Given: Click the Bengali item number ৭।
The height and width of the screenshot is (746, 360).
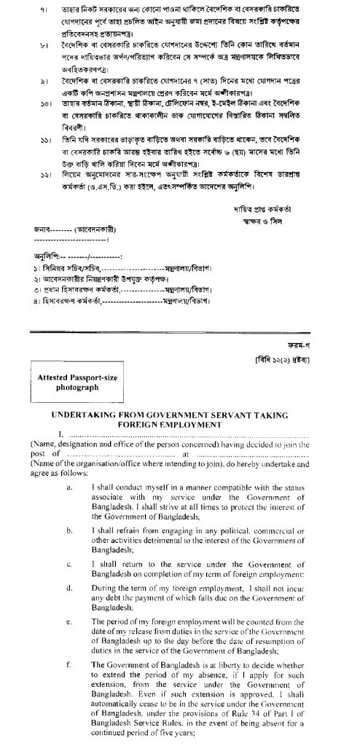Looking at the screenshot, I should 32,11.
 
